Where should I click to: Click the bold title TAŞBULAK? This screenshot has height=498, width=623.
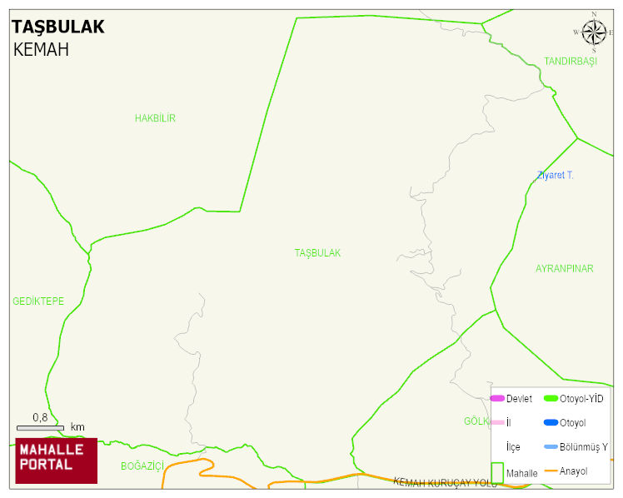(x=58, y=27)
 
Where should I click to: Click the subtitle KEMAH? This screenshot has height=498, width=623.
(x=41, y=50)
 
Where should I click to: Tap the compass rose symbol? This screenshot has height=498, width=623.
(x=594, y=32)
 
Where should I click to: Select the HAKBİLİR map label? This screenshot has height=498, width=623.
(x=155, y=118)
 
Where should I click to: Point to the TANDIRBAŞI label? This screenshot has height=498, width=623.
(x=571, y=62)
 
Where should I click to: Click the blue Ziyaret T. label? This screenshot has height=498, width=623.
(x=556, y=175)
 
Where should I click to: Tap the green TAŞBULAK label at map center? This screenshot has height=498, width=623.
(x=317, y=252)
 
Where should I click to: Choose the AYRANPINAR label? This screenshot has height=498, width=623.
(x=564, y=269)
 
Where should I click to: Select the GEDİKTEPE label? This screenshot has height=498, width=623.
(x=38, y=301)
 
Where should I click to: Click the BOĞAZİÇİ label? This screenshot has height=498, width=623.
(x=142, y=466)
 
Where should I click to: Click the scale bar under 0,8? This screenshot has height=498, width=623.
(x=40, y=428)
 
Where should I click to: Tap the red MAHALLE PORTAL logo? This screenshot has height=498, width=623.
(x=57, y=461)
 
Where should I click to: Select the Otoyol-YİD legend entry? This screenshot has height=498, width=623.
(x=581, y=399)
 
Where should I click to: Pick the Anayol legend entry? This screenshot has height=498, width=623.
(x=573, y=471)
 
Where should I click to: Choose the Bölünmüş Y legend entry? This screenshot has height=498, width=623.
(x=583, y=447)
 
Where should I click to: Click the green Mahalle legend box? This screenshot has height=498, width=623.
(x=496, y=472)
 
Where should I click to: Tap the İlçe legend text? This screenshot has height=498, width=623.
(x=512, y=447)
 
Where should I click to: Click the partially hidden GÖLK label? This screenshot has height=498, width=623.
(x=476, y=421)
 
